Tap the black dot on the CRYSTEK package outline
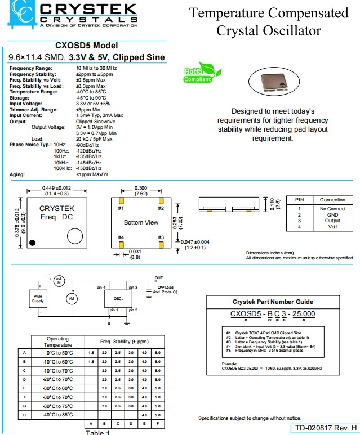coord(34,243)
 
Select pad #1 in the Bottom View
coord(121,200)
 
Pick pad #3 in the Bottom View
coord(161,245)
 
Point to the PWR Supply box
coord(38,298)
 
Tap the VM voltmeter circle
coord(72,299)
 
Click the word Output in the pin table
coord(332,221)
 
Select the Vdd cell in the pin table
coord(332,227)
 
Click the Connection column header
coord(332,200)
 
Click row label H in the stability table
coord(24,415)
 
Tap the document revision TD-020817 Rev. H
coord(326,428)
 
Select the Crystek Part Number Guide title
coord(273,302)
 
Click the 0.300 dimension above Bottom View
coord(141,188)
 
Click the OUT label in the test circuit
coord(159,277)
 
